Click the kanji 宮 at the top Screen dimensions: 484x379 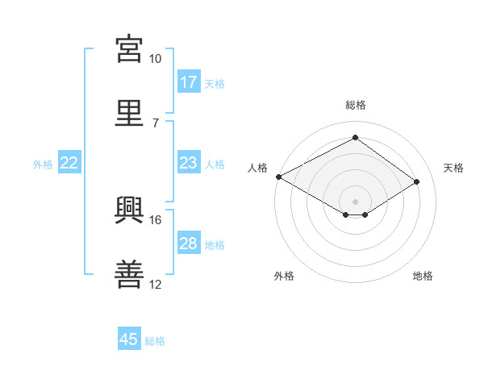pyautogui.click(x=129, y=49)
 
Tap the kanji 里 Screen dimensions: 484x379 pyautogui.click(x=129, y=113)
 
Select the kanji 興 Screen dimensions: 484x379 pyautogui.click(x=129, y=210)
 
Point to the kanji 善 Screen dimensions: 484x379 pyautogui.click(x=129, y=274)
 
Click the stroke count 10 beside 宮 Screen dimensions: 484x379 pyautogui.click(x=155, y=59)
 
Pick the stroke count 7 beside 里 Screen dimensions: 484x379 pyautogui.click(x=156, y=123)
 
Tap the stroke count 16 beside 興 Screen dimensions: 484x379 pyautogui.click(x=155, y=220)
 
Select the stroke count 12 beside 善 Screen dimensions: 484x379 pyautogui.click(x=155, y=284)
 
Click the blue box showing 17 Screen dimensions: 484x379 pyautogui.click(x=189, y=81)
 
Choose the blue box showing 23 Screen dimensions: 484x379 pyautogui.click(x=189, y=162)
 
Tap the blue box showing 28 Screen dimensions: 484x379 pyautogui.click(x=189, y=242)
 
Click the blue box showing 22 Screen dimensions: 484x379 pyautogui.click(x=69, y=162)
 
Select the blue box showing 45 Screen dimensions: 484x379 pyautogui.click(x=129, y=338)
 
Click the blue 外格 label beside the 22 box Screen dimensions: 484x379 pyautogui.click(x=43, y=165)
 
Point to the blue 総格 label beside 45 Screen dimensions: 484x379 pyautogui.click(x=155, y=341)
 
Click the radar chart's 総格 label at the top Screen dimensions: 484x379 pyautogui.click(x=356, y=105)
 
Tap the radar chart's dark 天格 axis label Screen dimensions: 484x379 pyautogui.click(x=453, y=168)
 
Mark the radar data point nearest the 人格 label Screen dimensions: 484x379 pyautogui.click(x=279, y=177)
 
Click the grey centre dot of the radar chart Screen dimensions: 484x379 pyautogui.click(x=355, y=202)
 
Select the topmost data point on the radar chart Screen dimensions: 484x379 pyautogui.click(x=355, y=137)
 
